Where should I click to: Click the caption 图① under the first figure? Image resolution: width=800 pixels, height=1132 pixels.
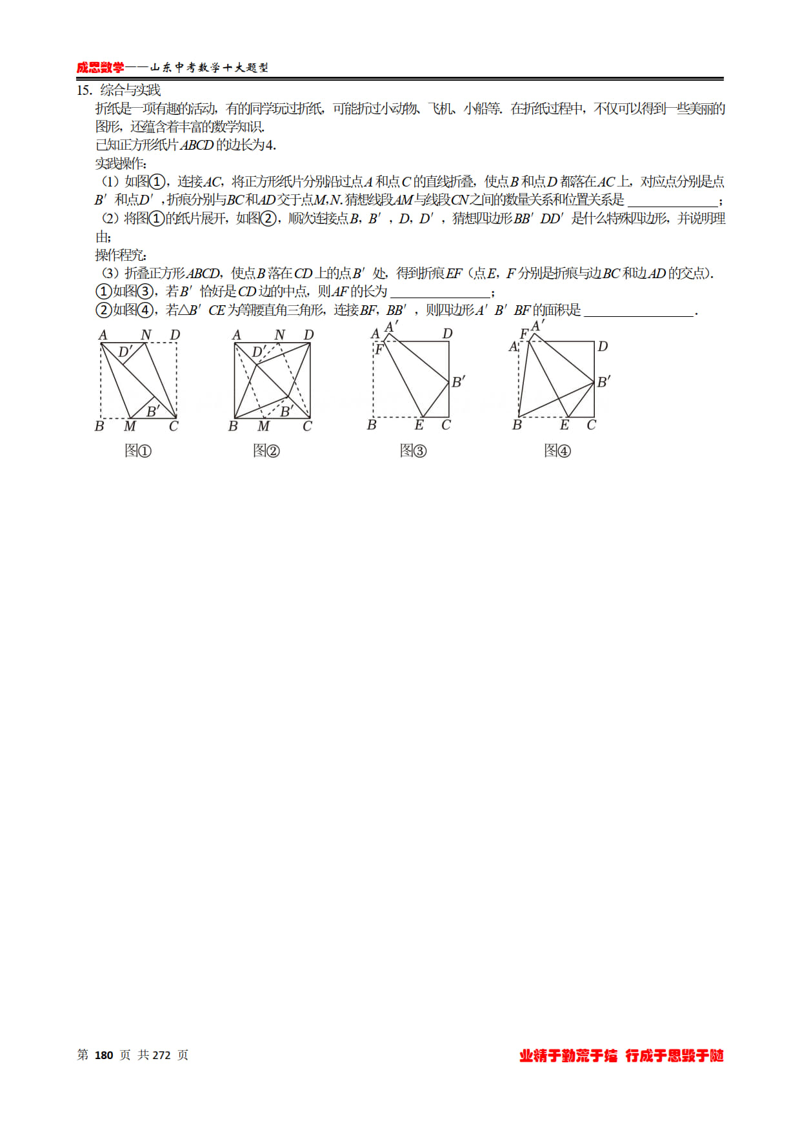tap(137, 450)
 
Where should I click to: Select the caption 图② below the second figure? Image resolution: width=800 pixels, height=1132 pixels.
tap(266, 450)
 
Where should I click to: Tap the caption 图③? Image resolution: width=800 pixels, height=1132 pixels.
tap(413, 450)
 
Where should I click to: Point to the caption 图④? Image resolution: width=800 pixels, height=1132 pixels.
tap(557, 450)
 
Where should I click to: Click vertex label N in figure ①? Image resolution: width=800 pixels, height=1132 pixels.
tap(146, 334)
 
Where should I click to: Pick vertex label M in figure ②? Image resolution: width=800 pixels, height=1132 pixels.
tap(264, 426)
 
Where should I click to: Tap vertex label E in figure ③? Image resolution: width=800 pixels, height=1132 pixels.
tap(419, 425)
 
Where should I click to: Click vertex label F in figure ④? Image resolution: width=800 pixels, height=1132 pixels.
tap(524, 334)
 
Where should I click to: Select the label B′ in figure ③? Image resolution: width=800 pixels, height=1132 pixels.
tap(458, 381)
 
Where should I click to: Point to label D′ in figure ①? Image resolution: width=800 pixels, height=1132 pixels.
tap(125, 352)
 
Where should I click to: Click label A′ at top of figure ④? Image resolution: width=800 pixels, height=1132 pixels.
tap(537, 326)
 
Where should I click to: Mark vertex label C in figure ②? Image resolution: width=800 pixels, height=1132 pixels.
tap(307, 426)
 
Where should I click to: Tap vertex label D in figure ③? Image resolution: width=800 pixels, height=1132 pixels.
tap(447, 334)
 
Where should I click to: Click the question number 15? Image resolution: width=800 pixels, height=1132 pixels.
tap(84, 90)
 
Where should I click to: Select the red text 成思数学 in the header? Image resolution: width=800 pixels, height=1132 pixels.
tap(100, 67)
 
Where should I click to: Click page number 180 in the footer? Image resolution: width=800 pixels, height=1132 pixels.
tap(104, 1055)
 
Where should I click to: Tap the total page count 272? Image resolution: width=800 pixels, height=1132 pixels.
tap(161, 1055)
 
